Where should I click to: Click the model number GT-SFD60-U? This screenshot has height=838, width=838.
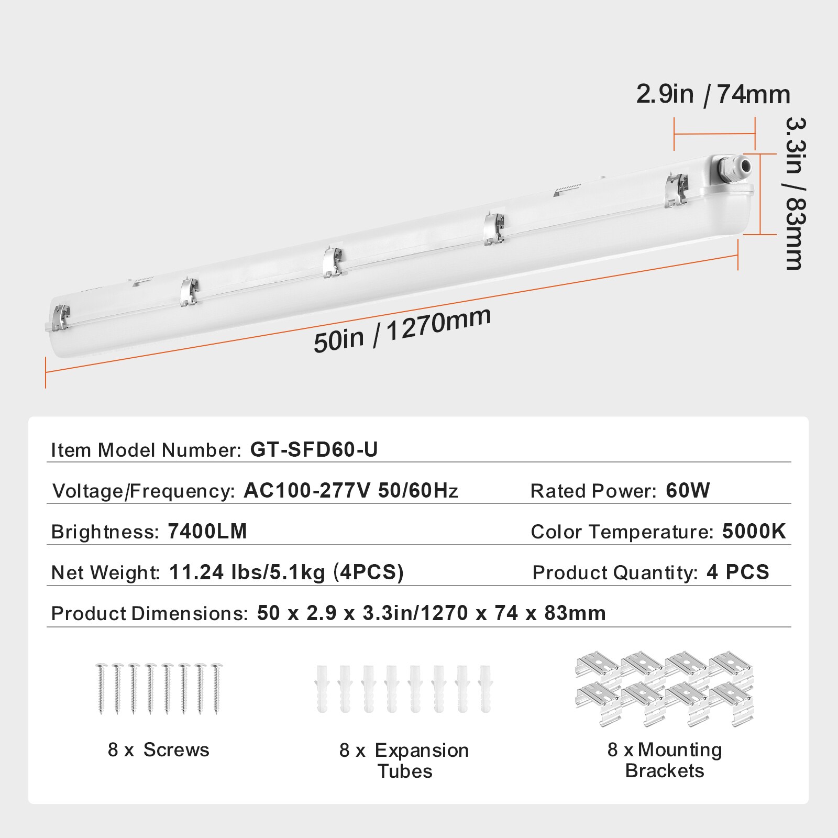click(314, 449)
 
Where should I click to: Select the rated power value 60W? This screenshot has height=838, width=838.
click(688, 491)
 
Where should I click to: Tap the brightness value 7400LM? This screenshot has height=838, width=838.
click(207, 532)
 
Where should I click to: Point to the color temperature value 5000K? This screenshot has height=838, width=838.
click(754, 532)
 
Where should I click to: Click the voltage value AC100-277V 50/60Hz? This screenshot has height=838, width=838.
click(350, 491)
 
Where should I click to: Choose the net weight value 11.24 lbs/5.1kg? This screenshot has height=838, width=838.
click(247, 572)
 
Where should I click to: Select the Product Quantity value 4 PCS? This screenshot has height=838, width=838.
click(737, 572)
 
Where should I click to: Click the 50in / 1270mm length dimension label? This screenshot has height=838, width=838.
click(402, 330)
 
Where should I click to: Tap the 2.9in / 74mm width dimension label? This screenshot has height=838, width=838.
click(713, 95)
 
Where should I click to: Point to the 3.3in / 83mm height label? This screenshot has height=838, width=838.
click(794, 193)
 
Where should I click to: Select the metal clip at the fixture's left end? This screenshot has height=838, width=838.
click(59, 317)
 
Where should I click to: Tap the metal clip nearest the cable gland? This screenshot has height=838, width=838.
click(676, 190)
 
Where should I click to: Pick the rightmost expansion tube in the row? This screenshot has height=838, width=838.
click(486, 688)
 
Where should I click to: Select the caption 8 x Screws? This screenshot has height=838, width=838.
click(158, 750)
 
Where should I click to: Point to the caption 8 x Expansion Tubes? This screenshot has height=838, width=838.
click(404, 760)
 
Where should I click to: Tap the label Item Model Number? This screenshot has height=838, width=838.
click(146, 450)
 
